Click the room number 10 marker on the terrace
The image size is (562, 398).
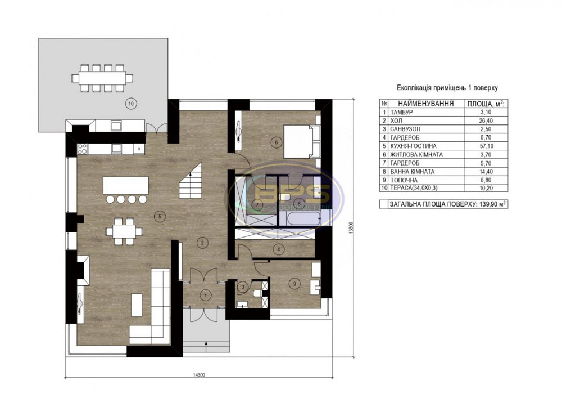pyautogui.click(x=130, y=103)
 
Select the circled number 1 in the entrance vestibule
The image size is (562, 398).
pyautogui.click(x=206, y=294)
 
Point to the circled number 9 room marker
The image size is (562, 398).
pyautogui.click(x=296, y=284)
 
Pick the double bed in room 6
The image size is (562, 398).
pyautogui.click(x=300, y=141)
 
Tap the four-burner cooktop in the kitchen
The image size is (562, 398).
pyautogui.click(x=82, y=149)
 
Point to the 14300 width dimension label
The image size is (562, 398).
pyautogui.click(x=196, y=375)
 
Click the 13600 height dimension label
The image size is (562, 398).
pyautogui.click(x=351, y=229)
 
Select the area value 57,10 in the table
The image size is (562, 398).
pyautogui.click(x=484, y=146)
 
